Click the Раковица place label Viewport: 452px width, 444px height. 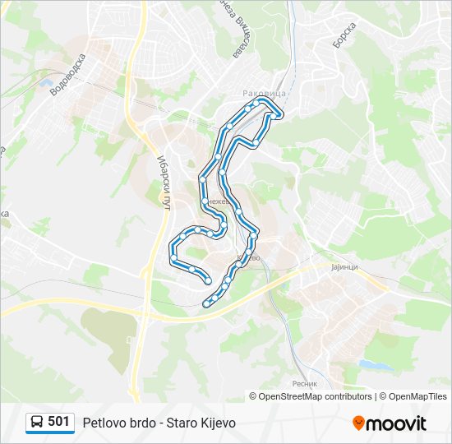pyautogui.click(x=264, y=94)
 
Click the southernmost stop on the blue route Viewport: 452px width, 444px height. pyautogui.click(x=206, y=304)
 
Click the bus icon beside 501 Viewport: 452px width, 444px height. pyautogui.click(x=36, y=423)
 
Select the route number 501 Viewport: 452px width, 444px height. pyautogui.click(x=58, y=422)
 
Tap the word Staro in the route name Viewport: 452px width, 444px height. pyautogui.click(x=182, y=423)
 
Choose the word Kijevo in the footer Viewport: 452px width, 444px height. pyautogui.click(x=218, y=423)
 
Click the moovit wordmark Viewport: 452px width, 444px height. pyautogui.click(x=397, y=423)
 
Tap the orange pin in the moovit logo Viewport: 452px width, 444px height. pyautogui.click(x=358, y=423)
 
